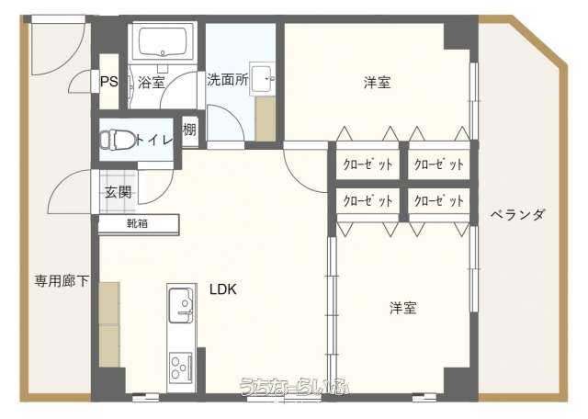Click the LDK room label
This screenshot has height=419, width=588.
tap(223, 289)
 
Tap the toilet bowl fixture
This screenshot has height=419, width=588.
tap(118, 140)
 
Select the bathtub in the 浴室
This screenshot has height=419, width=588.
tap(163, 42)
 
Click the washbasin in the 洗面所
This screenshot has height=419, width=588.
tap(261, 79)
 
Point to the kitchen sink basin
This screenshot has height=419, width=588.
tap(181, 305)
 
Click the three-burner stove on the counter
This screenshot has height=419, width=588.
tap(181, 367)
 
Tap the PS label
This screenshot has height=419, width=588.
tap(108, 82)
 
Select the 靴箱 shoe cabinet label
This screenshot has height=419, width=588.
tap(137, 224)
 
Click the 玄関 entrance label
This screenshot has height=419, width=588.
tap(119, 192)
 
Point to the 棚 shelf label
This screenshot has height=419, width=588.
tap(190, 130)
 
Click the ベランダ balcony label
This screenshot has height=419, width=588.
tap(517, 215)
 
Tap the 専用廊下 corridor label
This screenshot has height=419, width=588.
tap(62, 280)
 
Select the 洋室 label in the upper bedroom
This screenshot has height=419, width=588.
tap(377, 83)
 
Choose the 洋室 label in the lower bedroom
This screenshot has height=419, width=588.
tap(402, 308)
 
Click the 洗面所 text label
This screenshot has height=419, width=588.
tap(228, 79)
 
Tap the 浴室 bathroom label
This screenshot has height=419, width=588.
tap(151, 82)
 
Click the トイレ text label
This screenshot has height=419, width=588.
tap(154, 140)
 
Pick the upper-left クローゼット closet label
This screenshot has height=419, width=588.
tap(367, 164)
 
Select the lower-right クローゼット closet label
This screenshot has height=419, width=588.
tap(439, 200)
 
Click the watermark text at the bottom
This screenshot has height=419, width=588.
tap(295, 386)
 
